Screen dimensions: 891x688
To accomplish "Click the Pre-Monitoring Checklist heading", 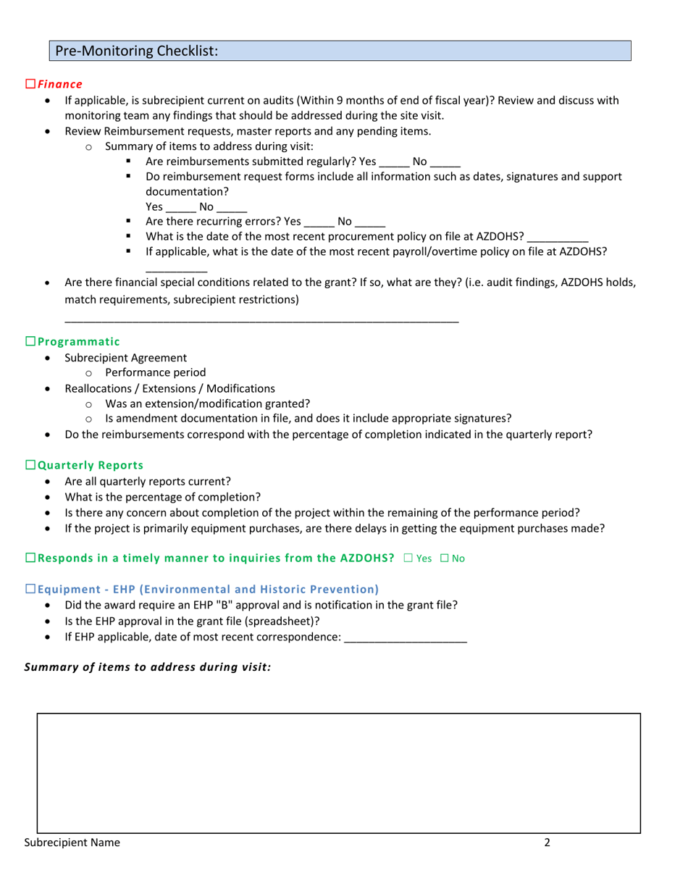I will tap(137, 51).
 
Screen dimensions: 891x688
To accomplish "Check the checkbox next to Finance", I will tap(30, 85).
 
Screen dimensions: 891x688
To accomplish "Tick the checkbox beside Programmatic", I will tap(30, 341).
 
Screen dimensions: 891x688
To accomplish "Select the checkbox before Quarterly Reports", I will tap(30, 465).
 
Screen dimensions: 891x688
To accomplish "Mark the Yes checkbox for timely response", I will tap(408, 558).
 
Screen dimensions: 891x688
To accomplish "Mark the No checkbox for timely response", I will tap(444, 558).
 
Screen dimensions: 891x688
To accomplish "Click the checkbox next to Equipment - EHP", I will tap(30, 589).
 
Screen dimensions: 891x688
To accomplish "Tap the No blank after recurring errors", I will tap(370, 222).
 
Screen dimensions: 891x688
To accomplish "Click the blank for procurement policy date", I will tap(557, 238).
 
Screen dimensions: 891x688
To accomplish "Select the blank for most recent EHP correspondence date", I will tap(406, 637).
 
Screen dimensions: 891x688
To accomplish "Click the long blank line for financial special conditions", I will tap(261, 319).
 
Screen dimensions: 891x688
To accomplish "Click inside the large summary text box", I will tap(338, 772).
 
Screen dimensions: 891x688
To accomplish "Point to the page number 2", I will tap(548, 842).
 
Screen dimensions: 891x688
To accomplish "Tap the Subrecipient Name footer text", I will tap(72, 842).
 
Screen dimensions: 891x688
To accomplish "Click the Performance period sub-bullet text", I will tap(155, 372).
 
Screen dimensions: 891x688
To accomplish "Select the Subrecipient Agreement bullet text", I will tap(125, 357).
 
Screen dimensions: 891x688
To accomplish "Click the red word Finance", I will tap(60, 85).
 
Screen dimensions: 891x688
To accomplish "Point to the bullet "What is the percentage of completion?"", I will tap(163, 497).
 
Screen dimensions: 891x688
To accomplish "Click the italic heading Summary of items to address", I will tap(148, 667).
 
